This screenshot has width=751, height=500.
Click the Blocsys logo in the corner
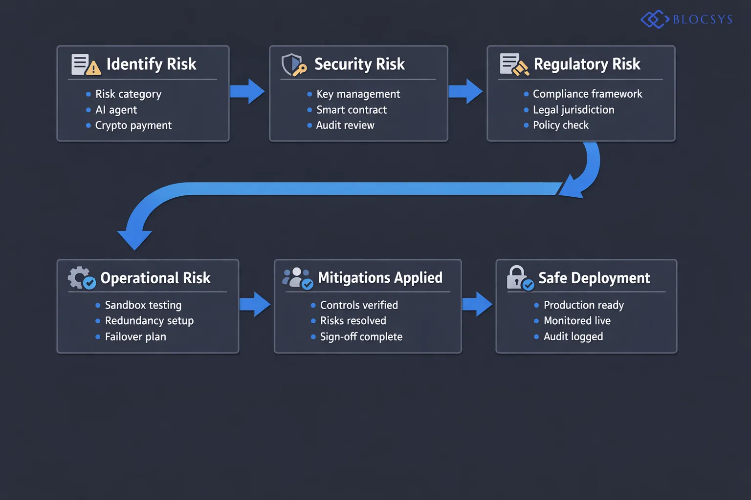pos(686,20)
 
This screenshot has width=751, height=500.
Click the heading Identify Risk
pos(151,64)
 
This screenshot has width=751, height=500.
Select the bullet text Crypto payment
pos(133,125)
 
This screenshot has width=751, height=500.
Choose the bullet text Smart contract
pos(351,110)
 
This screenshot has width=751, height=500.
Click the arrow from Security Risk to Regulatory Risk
pos(465,91)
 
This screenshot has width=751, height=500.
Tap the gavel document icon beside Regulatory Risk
pos(513,65)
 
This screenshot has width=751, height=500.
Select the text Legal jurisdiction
pos(573,110)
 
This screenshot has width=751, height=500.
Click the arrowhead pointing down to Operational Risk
pos(135,238)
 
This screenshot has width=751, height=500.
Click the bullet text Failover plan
pos(135,337)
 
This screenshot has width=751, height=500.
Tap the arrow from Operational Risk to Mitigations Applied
pos(255,305)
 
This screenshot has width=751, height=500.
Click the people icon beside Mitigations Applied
pos(297,278)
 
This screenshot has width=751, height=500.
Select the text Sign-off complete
pos(361,337)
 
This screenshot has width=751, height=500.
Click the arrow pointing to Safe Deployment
pos(477,305)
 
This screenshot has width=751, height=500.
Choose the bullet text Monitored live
pos(577,321)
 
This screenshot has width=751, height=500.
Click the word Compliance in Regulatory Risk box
pos(560,94)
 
